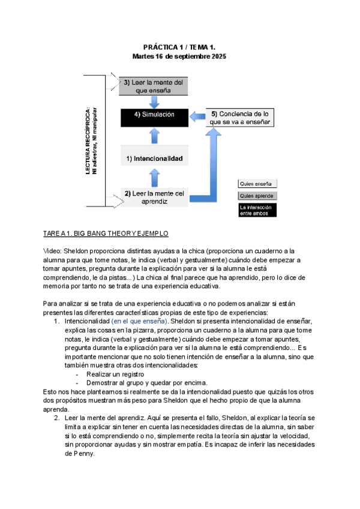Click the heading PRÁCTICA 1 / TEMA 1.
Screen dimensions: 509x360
tap(179, 46)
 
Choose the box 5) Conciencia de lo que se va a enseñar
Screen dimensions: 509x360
tap(240, 117)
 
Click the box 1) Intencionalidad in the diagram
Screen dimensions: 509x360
tap(154, 159)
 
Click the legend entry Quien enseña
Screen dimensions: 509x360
tap(257, 184)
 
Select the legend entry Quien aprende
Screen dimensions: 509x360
tap(257, 196)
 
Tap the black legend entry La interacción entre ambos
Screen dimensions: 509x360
tap(257, 209)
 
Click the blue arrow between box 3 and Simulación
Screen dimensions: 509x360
tap(154, 101)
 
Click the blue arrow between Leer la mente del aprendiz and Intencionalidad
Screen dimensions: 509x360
tap(154, 178)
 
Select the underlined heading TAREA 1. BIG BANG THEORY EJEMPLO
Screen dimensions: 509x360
tap(106, 233)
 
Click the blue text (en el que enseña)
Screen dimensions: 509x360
tap(139, 321)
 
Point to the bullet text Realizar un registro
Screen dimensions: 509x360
tap(116, 373)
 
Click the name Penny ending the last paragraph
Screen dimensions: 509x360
tap(77, 454)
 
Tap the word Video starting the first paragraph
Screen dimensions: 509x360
tap(52, 251)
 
